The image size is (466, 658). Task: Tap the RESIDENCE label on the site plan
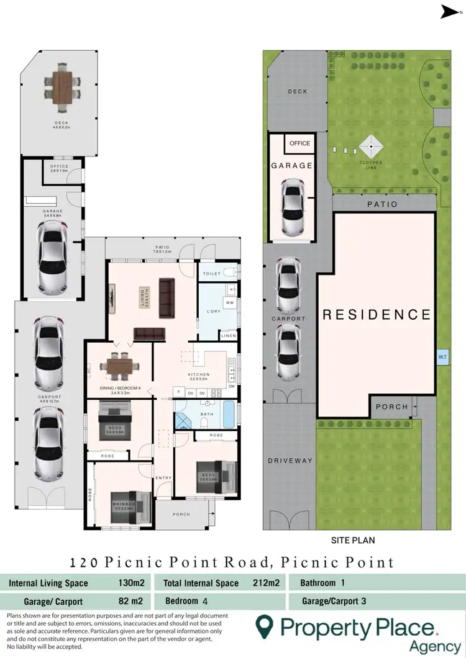click(377, 314)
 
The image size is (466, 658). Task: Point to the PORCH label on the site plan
click(392, 407)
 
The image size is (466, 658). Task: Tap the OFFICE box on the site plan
click(299, 143)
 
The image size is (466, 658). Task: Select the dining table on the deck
click(62, 83)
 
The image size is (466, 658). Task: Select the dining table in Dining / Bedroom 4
click(119, 366)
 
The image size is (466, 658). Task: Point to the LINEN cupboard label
click(228, 336)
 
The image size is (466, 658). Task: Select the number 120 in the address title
click(84, 563)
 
